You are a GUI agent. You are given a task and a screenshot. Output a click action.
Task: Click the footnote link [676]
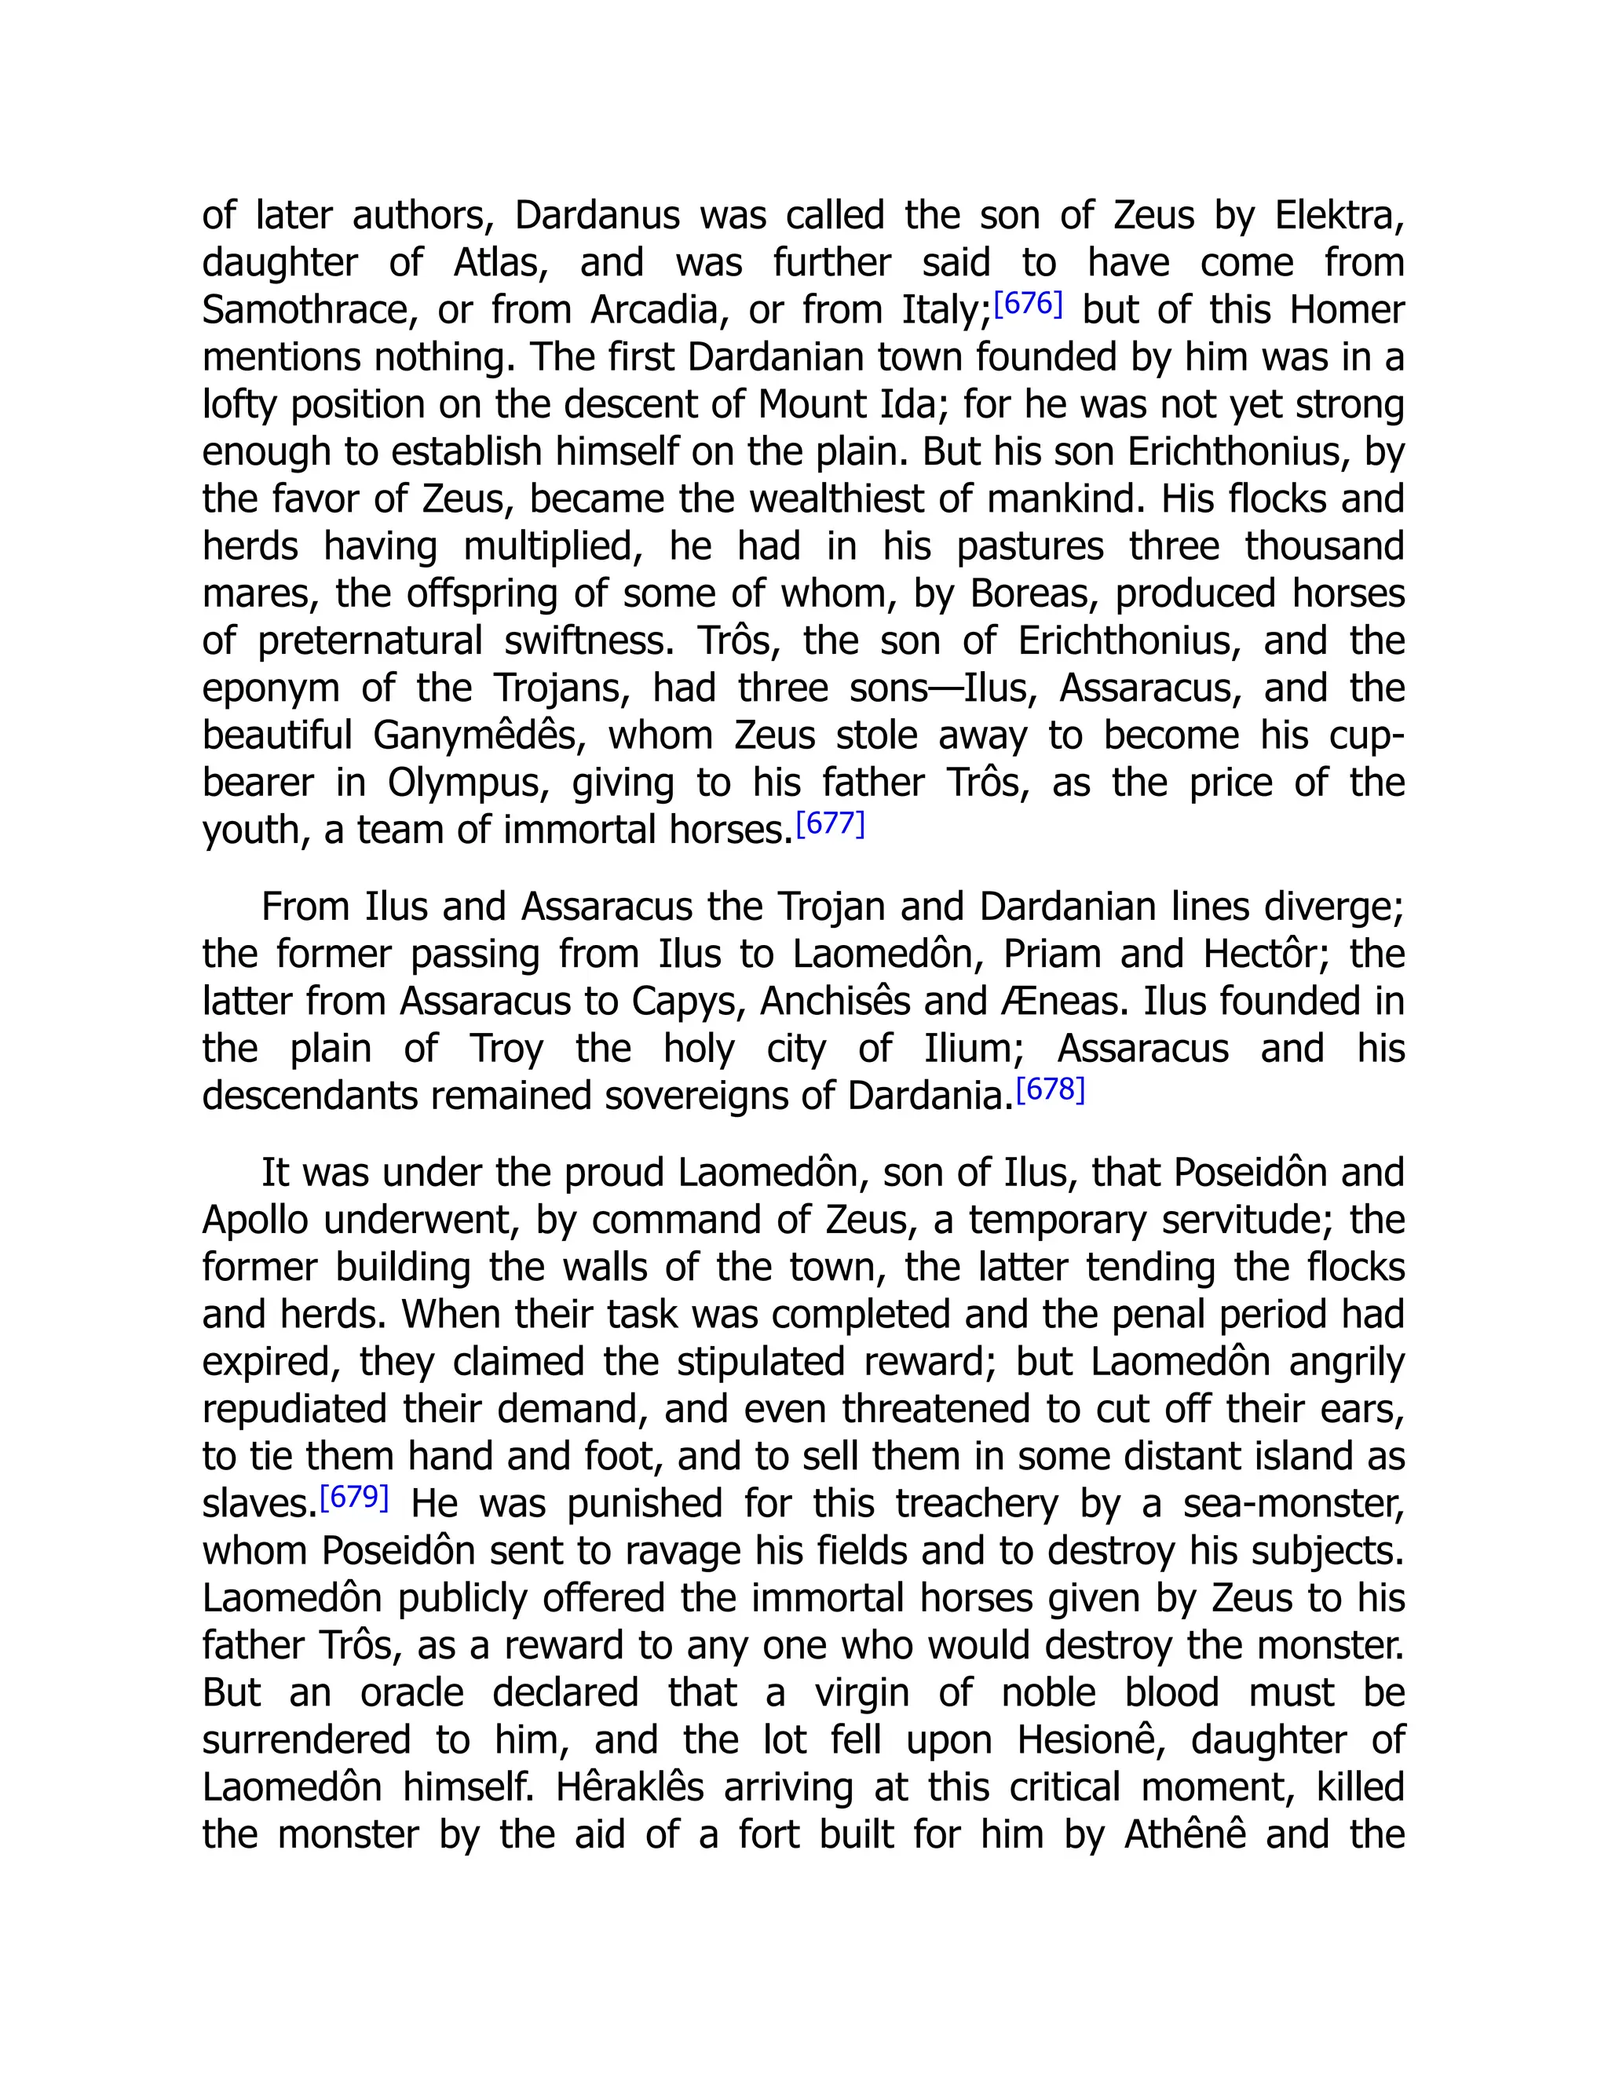[1027, 305]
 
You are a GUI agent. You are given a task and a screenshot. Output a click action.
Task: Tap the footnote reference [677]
[830, 824]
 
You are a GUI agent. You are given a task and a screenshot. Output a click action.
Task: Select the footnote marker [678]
[1050, 1089]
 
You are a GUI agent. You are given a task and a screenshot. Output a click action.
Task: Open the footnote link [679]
[354, 1497]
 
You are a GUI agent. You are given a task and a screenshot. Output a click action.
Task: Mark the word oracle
[411, 1693]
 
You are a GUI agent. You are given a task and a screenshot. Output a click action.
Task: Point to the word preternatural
[370, 641]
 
